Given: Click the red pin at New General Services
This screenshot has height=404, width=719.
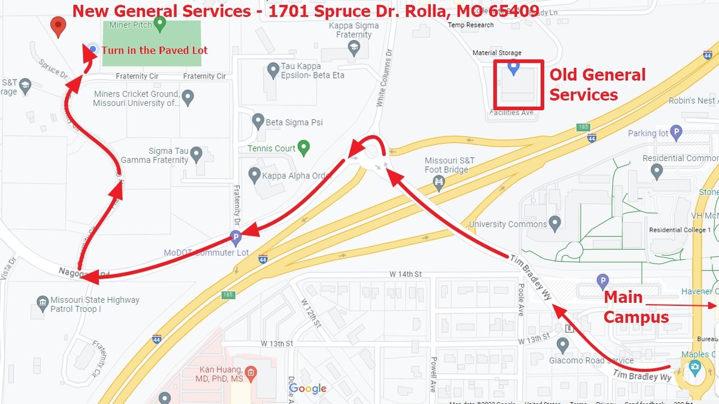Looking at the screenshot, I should tap(58, 26).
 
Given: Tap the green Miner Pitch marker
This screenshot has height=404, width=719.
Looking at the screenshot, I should tap(159, 24).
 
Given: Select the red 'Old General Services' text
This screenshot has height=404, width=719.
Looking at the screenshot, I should tap(597, 84).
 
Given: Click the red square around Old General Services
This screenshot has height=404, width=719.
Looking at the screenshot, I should tap(519, 84).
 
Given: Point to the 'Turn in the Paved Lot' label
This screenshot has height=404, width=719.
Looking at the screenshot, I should tap(155, 50).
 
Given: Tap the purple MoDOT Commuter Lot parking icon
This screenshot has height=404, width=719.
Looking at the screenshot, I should tap(237, 238).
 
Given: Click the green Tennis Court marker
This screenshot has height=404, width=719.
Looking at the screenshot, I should tap(304, 147).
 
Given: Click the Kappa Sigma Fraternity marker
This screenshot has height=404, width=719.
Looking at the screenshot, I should tap(354, 49).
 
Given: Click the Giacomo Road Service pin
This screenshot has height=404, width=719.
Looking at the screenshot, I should tap(562, 345).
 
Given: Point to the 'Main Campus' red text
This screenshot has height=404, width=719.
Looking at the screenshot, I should tap(636, 306).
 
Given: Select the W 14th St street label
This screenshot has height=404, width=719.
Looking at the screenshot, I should tap(406, 274).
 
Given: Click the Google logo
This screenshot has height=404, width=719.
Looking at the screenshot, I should tap(308, 388).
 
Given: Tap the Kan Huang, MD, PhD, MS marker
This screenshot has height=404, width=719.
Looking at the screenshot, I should tap(250, 374).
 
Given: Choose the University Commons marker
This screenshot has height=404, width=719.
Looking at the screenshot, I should tap(555, 224).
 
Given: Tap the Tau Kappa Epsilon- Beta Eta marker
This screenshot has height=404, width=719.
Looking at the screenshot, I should tap(270, 71).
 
